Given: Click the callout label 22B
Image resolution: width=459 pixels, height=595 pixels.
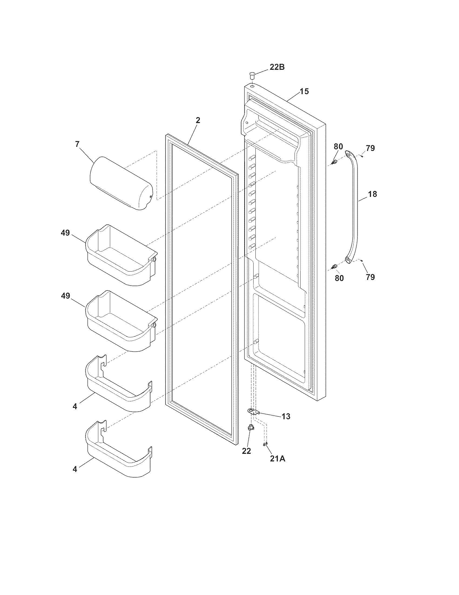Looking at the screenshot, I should [277, 67].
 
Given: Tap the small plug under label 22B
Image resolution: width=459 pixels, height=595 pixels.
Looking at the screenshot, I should [252, 74].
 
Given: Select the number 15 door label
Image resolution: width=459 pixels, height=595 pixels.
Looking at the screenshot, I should [304, 91].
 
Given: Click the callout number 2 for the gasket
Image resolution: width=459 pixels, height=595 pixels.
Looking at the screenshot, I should [198, 120].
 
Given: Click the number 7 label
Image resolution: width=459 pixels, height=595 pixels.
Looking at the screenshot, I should [77, 144].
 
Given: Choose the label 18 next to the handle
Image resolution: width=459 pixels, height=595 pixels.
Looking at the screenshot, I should [373, 194].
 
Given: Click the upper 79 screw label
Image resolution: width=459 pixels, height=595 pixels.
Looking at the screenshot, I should [370, 148].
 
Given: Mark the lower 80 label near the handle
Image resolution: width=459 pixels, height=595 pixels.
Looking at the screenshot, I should [339, 278].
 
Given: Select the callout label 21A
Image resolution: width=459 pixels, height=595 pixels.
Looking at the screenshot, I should [277, 459].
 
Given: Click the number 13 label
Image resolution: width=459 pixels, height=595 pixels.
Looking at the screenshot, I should [286, 416].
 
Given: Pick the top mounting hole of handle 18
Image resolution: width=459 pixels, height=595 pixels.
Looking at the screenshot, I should [348, 155].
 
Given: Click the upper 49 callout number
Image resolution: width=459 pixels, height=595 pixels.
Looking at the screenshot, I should [65, 233].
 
